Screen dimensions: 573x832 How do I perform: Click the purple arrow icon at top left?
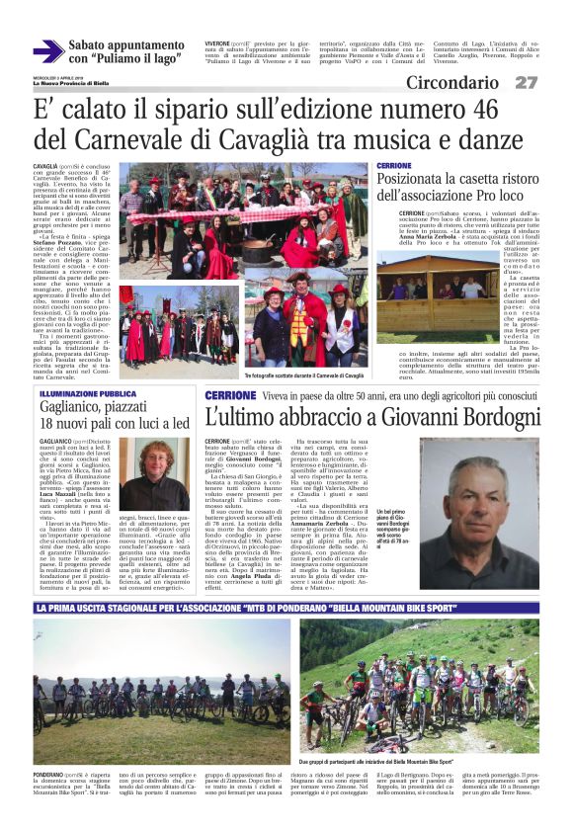pyautogui.click(x=47, y=51)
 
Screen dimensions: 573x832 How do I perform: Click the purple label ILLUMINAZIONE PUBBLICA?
pyautogui.click(x=86, y=392)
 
